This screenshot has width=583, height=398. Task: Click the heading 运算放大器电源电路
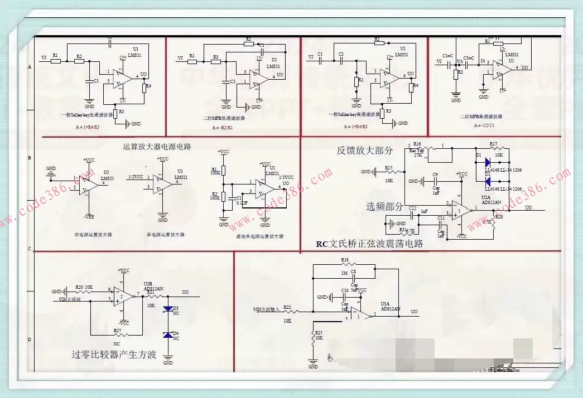[x=157, y=147]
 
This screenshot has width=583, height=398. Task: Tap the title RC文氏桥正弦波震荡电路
[x=369, y=244]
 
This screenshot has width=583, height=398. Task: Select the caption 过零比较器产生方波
[x=114, y=354]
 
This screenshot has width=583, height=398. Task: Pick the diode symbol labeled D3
[x=167, y=308]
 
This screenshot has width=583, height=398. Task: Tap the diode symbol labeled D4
[x=167, y=335]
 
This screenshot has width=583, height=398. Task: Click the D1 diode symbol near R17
[x=487, y=163]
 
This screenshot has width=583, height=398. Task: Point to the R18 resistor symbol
[x=344, y=265]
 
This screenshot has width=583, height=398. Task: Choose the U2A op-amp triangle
[x=461, y=209]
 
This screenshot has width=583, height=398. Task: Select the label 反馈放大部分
[x=365, y=151]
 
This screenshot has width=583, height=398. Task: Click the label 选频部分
[x=385, y=207]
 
